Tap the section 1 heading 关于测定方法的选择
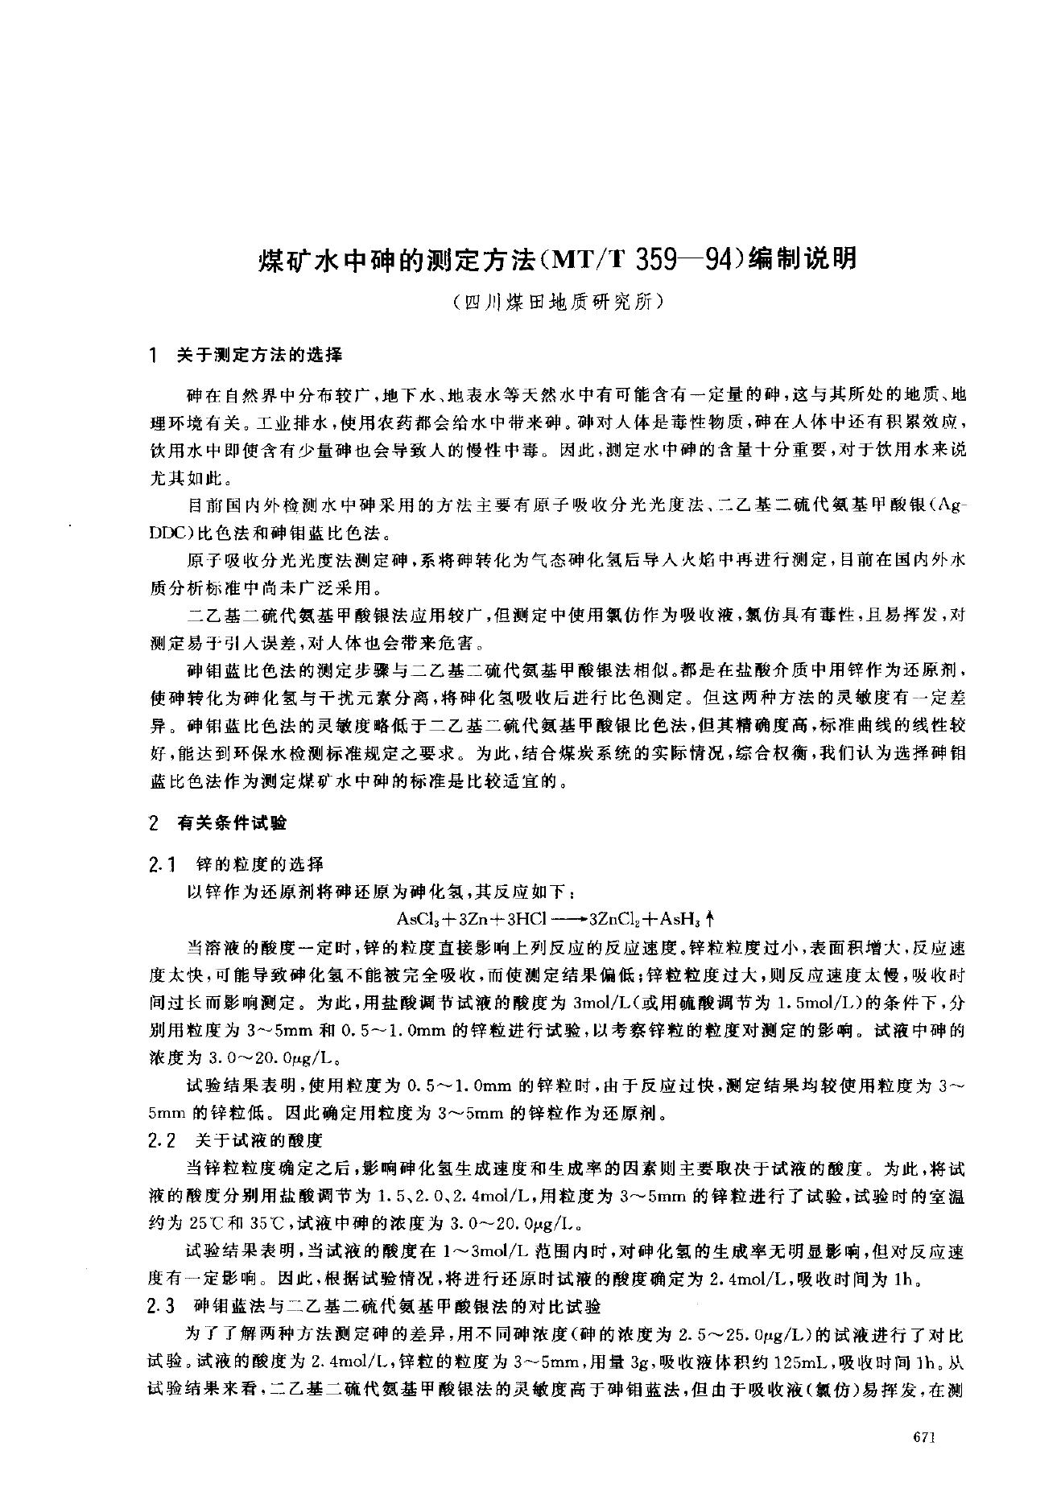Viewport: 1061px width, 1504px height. (259, 354)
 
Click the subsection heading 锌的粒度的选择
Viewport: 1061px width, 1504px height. (260, 864)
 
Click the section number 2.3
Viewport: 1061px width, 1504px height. (163, 1305)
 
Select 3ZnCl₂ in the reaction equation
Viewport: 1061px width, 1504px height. (616, 918)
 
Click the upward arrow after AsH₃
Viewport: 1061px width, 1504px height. (711, 918)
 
